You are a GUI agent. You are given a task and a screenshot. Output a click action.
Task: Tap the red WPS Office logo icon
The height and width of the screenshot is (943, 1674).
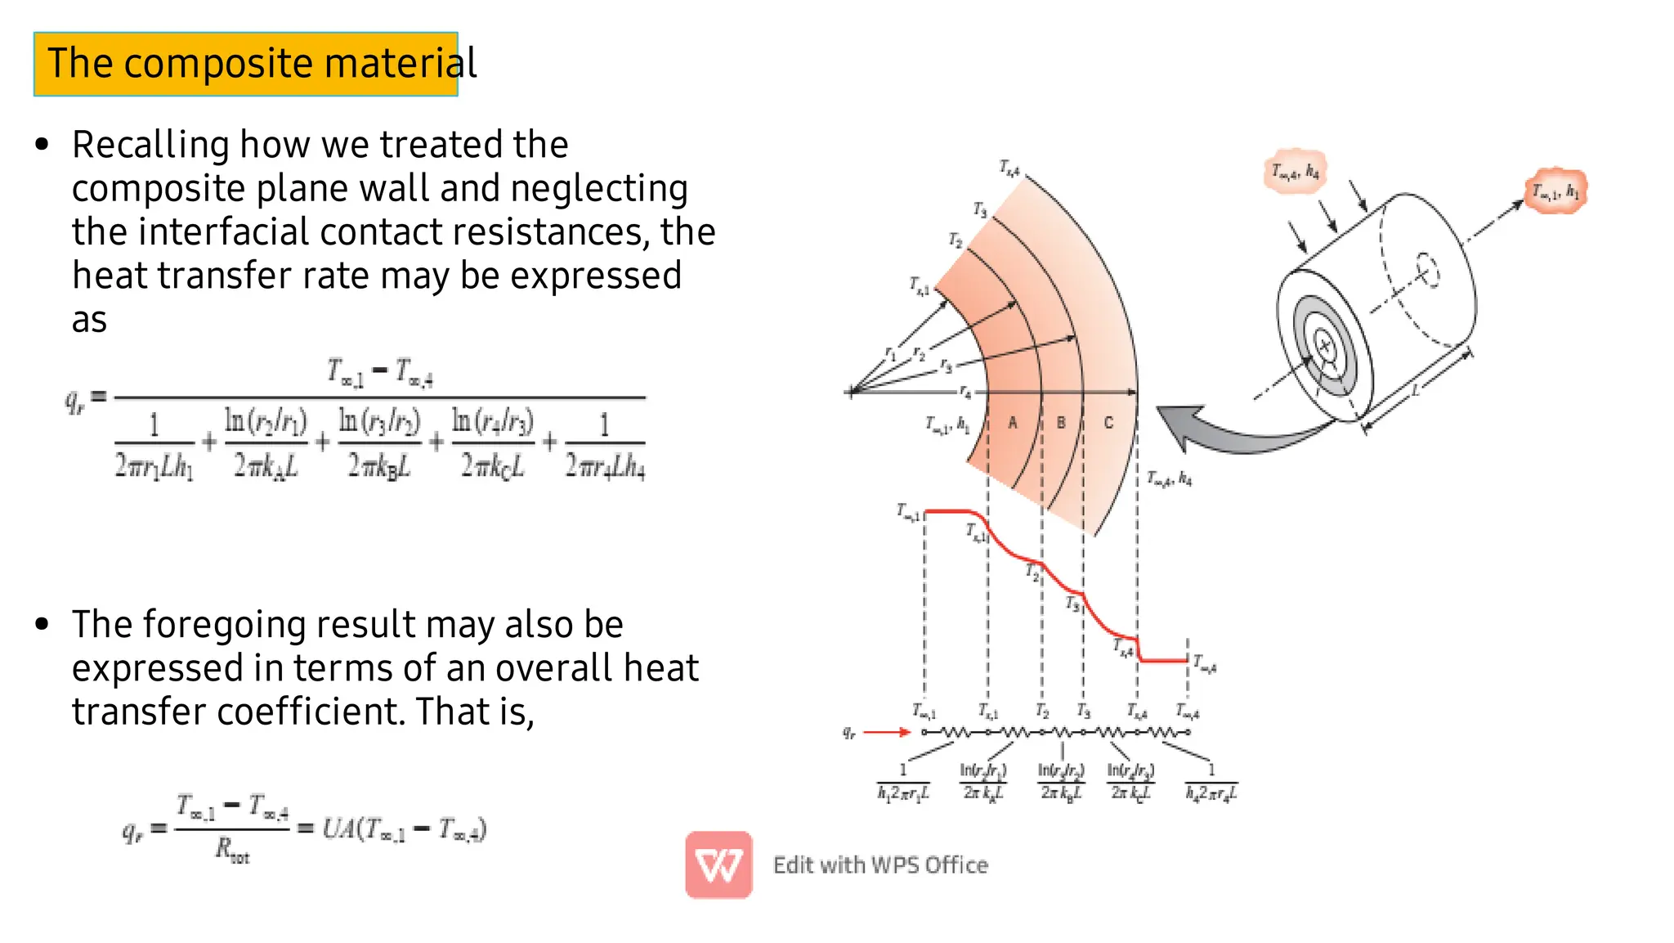click(x=718, y=864)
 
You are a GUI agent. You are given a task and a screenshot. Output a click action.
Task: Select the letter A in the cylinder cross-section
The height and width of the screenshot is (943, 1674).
click(x=1013, y=423)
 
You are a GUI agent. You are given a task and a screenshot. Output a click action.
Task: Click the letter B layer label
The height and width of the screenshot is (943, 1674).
click(x=1061, y=423)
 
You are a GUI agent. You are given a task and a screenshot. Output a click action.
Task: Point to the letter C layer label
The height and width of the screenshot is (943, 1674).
click(x=1108, y=423)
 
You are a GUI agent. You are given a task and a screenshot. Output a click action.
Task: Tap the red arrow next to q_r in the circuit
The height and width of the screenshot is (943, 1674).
click(x=887, y=732)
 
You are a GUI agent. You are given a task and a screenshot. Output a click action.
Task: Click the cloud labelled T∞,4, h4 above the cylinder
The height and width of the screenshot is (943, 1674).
click(x=1295, y=172)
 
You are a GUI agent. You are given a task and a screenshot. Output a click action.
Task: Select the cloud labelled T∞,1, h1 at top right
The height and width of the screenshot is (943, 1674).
click(x=1555, y=191)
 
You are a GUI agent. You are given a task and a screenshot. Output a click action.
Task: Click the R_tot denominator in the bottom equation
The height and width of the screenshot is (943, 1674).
click(x=232, y=851)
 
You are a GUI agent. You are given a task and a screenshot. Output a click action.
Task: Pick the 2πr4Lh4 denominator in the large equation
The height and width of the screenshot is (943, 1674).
click(x=605, y=466)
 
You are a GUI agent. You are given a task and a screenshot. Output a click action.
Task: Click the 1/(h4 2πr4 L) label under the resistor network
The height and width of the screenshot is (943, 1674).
click(x=1211, y=783)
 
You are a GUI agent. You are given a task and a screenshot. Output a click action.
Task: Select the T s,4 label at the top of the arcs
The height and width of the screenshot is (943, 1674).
click(x=1009, y=168)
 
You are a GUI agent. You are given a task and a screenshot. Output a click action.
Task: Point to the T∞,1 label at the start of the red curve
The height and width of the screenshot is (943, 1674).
click(x=907, y=513)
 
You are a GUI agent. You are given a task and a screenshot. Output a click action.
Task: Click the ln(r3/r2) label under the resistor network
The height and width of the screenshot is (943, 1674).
click(x=1061, y=782)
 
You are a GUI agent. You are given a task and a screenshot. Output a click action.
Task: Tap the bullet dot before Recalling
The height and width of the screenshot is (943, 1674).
click(x=43, y=146)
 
